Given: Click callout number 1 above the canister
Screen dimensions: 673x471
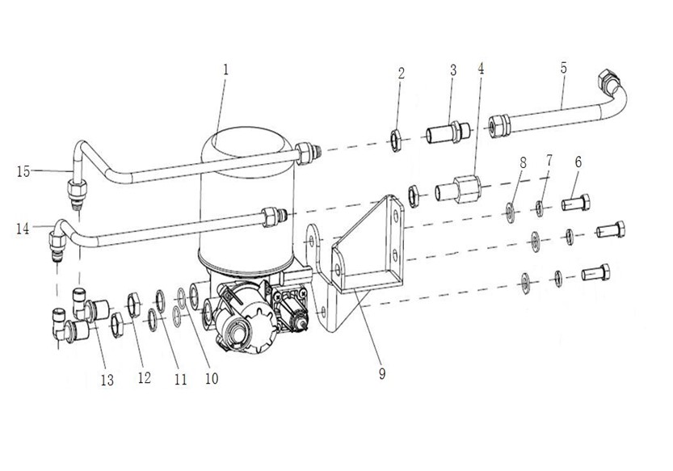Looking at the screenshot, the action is pos(225,69).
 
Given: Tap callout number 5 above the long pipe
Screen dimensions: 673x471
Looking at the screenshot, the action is pos(564,68).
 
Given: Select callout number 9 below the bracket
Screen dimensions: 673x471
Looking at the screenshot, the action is pos(382,373).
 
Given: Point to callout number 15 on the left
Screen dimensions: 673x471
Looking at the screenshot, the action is pos(23,172).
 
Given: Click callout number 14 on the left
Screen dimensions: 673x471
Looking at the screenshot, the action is pos(23,229).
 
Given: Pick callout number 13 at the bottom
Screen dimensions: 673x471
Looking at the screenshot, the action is pos(107,380).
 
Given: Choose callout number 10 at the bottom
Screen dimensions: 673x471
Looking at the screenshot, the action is pos(212,378).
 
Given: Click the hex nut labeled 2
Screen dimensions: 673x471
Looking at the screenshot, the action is pos(395,141).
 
